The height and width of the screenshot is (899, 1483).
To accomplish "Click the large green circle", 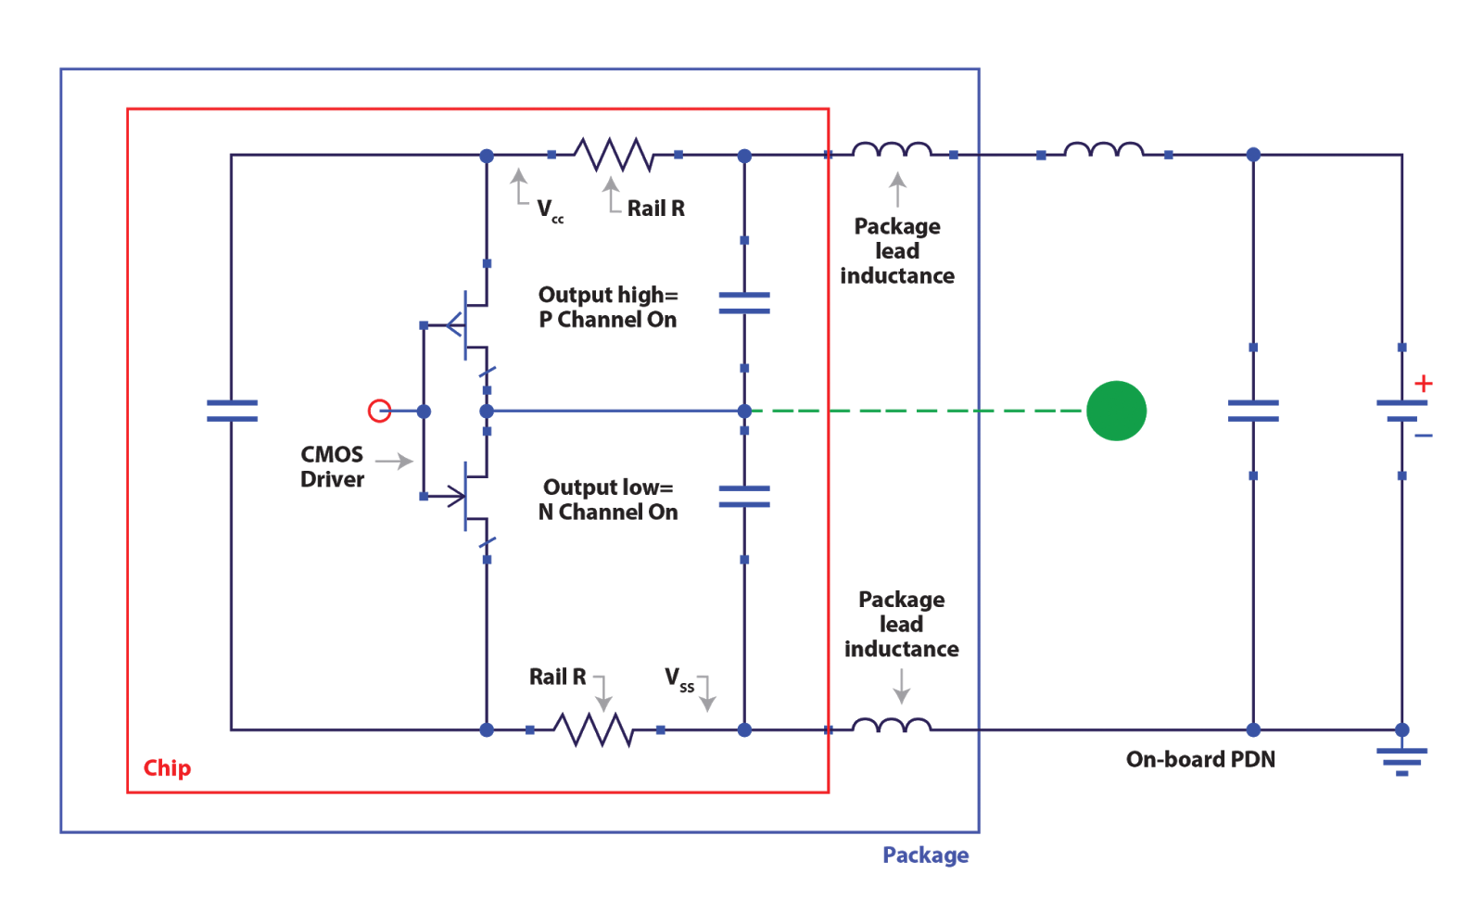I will (1116, 411).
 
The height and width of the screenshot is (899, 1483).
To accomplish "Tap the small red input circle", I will (379, 411).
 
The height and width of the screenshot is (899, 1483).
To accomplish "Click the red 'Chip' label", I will (168, 768).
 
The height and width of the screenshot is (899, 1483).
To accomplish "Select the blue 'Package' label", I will (925, 855).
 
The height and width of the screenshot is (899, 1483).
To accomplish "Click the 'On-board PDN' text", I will (1200, 759).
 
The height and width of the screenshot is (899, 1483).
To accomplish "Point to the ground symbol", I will (1401, 759).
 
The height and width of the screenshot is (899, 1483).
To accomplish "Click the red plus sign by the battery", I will (1424, 384).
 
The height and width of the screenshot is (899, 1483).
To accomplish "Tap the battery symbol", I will (1401, 411).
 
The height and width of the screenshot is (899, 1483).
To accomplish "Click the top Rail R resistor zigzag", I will (614, 155).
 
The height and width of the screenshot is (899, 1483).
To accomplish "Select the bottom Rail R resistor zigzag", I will (593, 730).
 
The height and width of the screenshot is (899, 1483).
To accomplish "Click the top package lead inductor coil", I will (892, 150).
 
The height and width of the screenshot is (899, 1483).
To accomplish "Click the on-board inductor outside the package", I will (1103, 150).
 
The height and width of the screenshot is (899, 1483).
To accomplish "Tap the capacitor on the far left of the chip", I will (232, 411).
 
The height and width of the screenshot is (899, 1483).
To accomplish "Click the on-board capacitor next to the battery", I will (1253, 411).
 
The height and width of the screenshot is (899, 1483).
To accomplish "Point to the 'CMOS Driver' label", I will (332, 467).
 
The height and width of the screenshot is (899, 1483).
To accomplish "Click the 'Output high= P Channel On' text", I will (608, 308).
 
